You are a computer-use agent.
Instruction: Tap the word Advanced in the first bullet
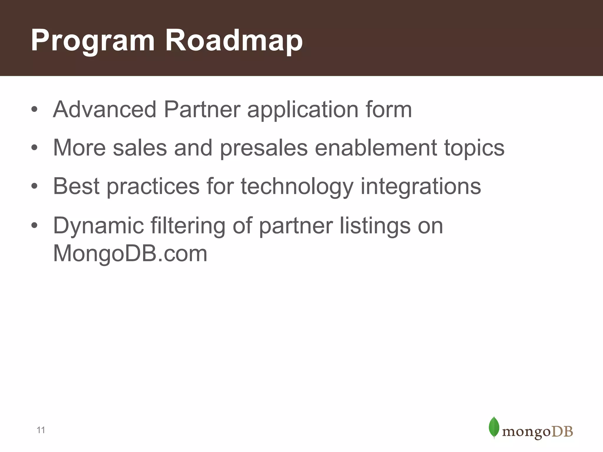tap(105, 109)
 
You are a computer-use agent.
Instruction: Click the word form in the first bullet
tap(388, 109)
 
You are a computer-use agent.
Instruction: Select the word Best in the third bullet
tap(76, 186)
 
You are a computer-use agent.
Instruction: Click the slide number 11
tap(41, 430)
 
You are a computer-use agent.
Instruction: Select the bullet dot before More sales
tap(34, 148)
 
